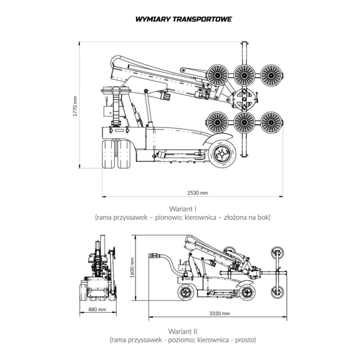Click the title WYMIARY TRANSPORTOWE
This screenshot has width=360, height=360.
[x=183, y=19]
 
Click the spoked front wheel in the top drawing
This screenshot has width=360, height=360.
[x=222, y=150]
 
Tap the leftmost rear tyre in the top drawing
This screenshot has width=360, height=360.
[x=108, y=154]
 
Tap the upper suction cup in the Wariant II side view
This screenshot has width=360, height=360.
[x=277, y=253]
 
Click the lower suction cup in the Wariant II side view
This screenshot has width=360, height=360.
[x=277, y=292]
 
